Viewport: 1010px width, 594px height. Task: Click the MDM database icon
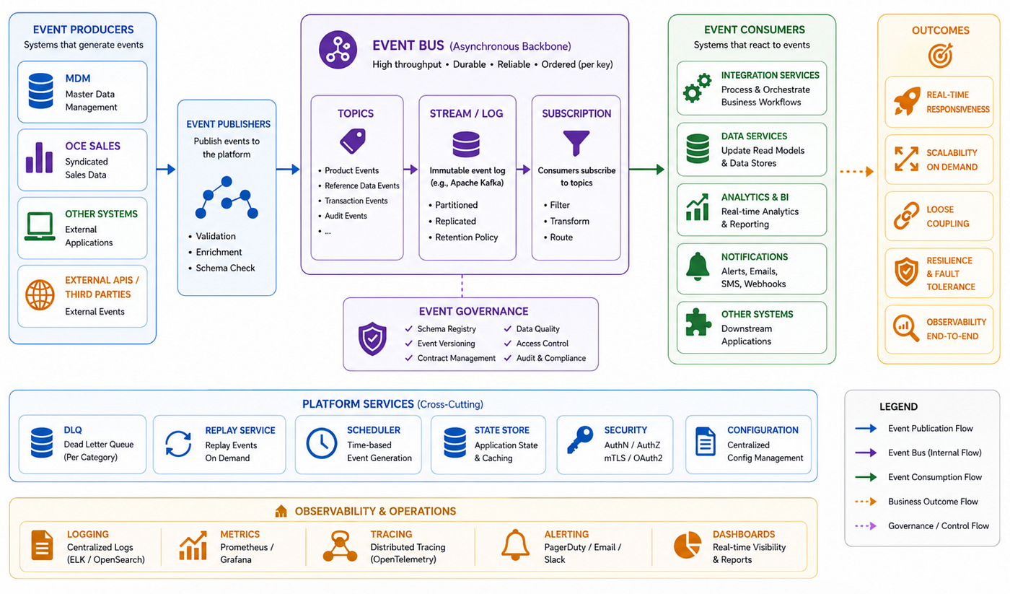(x=40, y=91)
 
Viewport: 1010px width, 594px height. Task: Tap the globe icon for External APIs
(x=40, y=295)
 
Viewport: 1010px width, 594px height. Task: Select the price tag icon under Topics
(x=353, y=141)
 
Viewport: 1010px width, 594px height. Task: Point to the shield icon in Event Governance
(x=372, y=339)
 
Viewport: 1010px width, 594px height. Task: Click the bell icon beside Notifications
(x=698, y=266)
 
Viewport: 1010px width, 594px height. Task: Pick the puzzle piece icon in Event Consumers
(x=698, y=322)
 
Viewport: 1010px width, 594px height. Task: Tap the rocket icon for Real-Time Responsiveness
(x=907, y=101)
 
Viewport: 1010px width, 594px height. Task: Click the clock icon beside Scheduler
(x=322, y=443)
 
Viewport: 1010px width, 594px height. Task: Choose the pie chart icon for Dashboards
(x=687, y=545)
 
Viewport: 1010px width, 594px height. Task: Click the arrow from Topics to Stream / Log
(x=410, y=170)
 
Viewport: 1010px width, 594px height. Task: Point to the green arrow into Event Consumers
(x=646, y=170)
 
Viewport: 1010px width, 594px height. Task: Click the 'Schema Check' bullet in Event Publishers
(x=225, y=268)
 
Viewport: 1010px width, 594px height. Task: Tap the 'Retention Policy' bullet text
(x=466, y=237)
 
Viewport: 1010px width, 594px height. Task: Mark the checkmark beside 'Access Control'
(x=508, y=344)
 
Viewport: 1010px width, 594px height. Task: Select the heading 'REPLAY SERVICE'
(x=240, y=430)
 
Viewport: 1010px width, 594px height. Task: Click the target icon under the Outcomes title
(x=940, y=56)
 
